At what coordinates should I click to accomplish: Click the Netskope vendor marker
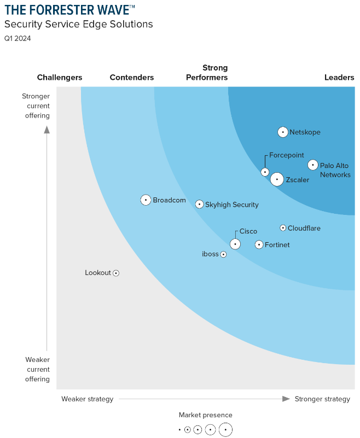(x=282, y=132)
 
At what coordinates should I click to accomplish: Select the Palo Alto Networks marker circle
(x=312, y=165)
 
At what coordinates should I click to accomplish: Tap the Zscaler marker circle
(x=277, y=179)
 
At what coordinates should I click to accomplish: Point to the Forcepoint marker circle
(x=265, y=172)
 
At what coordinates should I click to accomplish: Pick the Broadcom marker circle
(x=146, y=200)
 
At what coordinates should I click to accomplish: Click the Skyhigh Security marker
(x=200, y=204)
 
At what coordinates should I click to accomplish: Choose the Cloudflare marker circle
(x=283, y=227)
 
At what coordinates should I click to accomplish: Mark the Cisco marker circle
(x=235, y=244)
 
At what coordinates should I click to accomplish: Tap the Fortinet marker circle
(x=259, y=244)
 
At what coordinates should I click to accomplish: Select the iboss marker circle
(x=223, y=254)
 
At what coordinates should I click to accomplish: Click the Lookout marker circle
(x=116, y=273)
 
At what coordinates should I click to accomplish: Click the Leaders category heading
(x=339, y=78)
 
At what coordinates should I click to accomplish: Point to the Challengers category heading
(x=60, y=78)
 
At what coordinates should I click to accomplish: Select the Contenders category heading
(x=132, y=78)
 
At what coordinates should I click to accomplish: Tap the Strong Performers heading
(x=207, y=73)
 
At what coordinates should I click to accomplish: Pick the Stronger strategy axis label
(x=322, y=399)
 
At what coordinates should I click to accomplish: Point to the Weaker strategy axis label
(x=88, y=399)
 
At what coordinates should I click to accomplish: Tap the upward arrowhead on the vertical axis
(x=47, y=130)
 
